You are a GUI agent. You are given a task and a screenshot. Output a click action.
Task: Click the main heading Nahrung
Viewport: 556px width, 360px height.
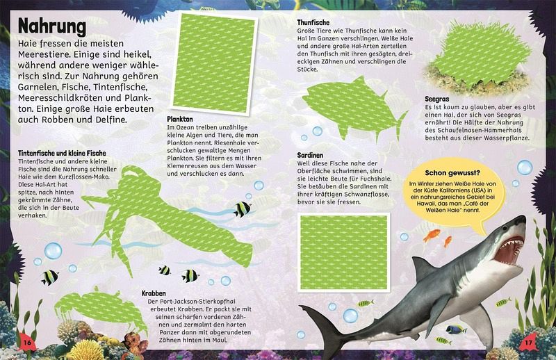point(52,26)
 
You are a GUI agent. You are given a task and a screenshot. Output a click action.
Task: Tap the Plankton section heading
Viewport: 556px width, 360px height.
point(180,119)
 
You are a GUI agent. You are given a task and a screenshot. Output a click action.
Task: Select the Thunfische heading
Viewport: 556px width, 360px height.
point(313,23)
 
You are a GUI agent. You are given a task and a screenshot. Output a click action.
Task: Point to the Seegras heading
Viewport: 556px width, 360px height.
point(437,99)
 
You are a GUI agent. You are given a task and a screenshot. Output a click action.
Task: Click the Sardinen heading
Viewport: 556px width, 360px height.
point(310,156)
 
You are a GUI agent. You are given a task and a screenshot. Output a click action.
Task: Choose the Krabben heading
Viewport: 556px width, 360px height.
point(154,293)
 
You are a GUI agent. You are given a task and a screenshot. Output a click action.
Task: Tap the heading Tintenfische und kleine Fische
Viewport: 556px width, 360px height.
point(62,153)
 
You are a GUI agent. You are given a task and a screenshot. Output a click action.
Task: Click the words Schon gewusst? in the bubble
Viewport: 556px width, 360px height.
point(452,173)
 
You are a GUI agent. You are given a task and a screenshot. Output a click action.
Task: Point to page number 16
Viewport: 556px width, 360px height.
point(27,343)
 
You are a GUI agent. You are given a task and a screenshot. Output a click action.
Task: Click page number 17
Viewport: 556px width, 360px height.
point(528,343)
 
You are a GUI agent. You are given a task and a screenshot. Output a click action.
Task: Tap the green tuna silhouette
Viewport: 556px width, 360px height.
point(353,106)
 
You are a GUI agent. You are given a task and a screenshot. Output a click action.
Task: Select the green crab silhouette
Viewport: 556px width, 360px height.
point(100,307)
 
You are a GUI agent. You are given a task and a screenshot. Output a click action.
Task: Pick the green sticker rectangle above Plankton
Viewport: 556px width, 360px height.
point(214,64)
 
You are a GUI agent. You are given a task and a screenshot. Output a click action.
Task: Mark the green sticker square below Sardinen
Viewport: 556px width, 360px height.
point(344,252)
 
